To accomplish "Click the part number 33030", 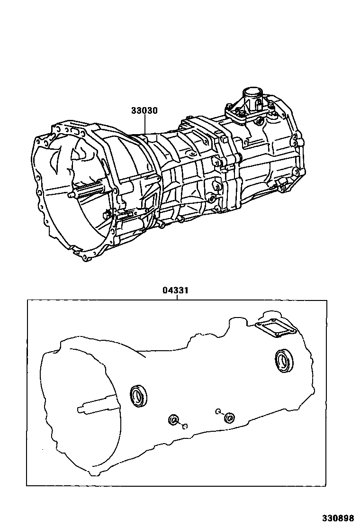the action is click(144, 110).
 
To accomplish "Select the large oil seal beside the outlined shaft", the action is click(139, 396).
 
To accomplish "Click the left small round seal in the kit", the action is click(173, 420).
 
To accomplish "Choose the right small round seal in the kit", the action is click(229, 418).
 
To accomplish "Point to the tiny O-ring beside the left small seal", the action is click(185, 426).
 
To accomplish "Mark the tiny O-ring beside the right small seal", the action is click(217, 411).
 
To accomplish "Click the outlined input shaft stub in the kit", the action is click(95, 407).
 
